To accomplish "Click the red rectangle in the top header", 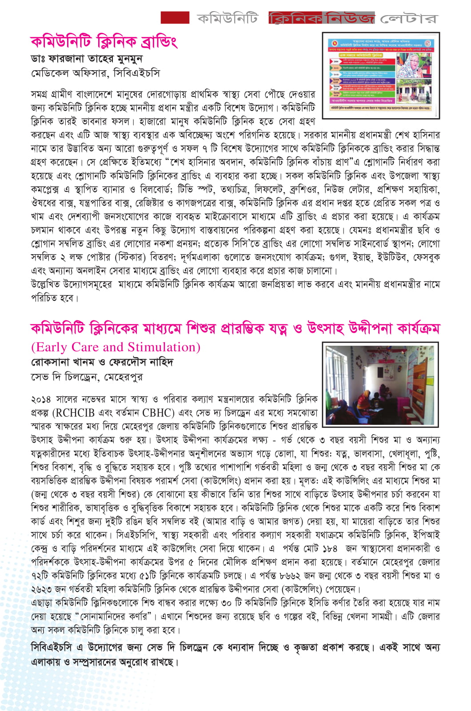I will click(x=175, y=17).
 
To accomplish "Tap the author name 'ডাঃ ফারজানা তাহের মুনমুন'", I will click(x=87, y=59).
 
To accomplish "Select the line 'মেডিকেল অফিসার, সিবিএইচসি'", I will click(x=95, y=72).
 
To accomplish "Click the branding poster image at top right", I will click(x=380, y=75).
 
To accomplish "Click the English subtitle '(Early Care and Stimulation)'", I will click(x=116, y=347).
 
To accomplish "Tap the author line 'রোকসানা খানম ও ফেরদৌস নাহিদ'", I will click(x=102, y=362).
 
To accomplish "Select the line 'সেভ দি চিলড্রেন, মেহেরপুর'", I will click(x=87, y=377).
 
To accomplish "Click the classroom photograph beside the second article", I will click(x=380, y=385).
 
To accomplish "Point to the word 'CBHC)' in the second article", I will click(x=158, y=413).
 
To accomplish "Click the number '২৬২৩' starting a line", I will click(x=41, y=589).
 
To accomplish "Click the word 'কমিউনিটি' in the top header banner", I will click(x=228, y=18).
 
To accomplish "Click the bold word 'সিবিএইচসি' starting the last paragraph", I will click(x=52, y=647).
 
